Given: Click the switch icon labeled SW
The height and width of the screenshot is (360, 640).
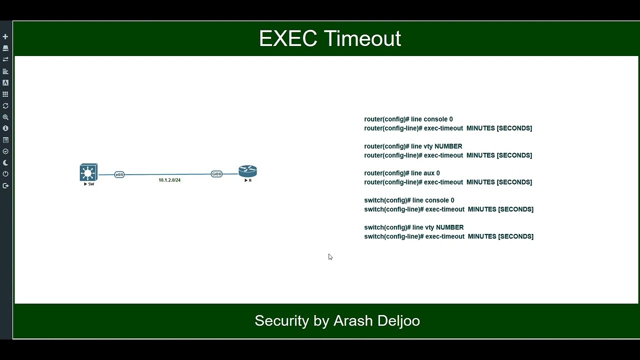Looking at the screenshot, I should tap(88, 172).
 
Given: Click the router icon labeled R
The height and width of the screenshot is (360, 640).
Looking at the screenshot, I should tap(247, 171).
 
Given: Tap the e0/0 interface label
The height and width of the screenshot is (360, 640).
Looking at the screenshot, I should tap(119, 174).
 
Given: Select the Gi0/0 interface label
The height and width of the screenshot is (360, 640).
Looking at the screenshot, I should tap(216, 174).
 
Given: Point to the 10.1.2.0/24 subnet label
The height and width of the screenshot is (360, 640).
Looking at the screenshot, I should tap(169, 180).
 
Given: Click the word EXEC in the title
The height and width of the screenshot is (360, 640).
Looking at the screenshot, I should tap(287, 38).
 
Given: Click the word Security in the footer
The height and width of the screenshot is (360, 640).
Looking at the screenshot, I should tap(281, 320).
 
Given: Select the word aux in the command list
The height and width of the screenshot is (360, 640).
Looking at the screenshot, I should tap(428, 173).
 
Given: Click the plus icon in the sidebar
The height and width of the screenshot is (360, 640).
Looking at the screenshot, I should tap(5, 36).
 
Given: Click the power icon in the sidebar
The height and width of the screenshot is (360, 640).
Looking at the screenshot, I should tap(5, 174).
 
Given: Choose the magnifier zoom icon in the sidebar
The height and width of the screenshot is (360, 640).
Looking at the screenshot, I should tap(5, 117).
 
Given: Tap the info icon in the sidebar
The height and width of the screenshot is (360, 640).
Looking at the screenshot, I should tap(5, 128).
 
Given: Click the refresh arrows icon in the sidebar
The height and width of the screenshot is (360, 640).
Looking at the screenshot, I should tap(5, 105).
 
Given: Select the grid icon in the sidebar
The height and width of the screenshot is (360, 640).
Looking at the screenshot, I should tap(5, 94).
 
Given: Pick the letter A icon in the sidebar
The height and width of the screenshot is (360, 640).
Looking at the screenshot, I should tap(5, 82).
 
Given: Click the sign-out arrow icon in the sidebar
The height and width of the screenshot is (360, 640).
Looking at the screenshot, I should tap(5, 185).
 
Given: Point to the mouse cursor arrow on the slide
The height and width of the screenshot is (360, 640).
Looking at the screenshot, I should tap(330, 256).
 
